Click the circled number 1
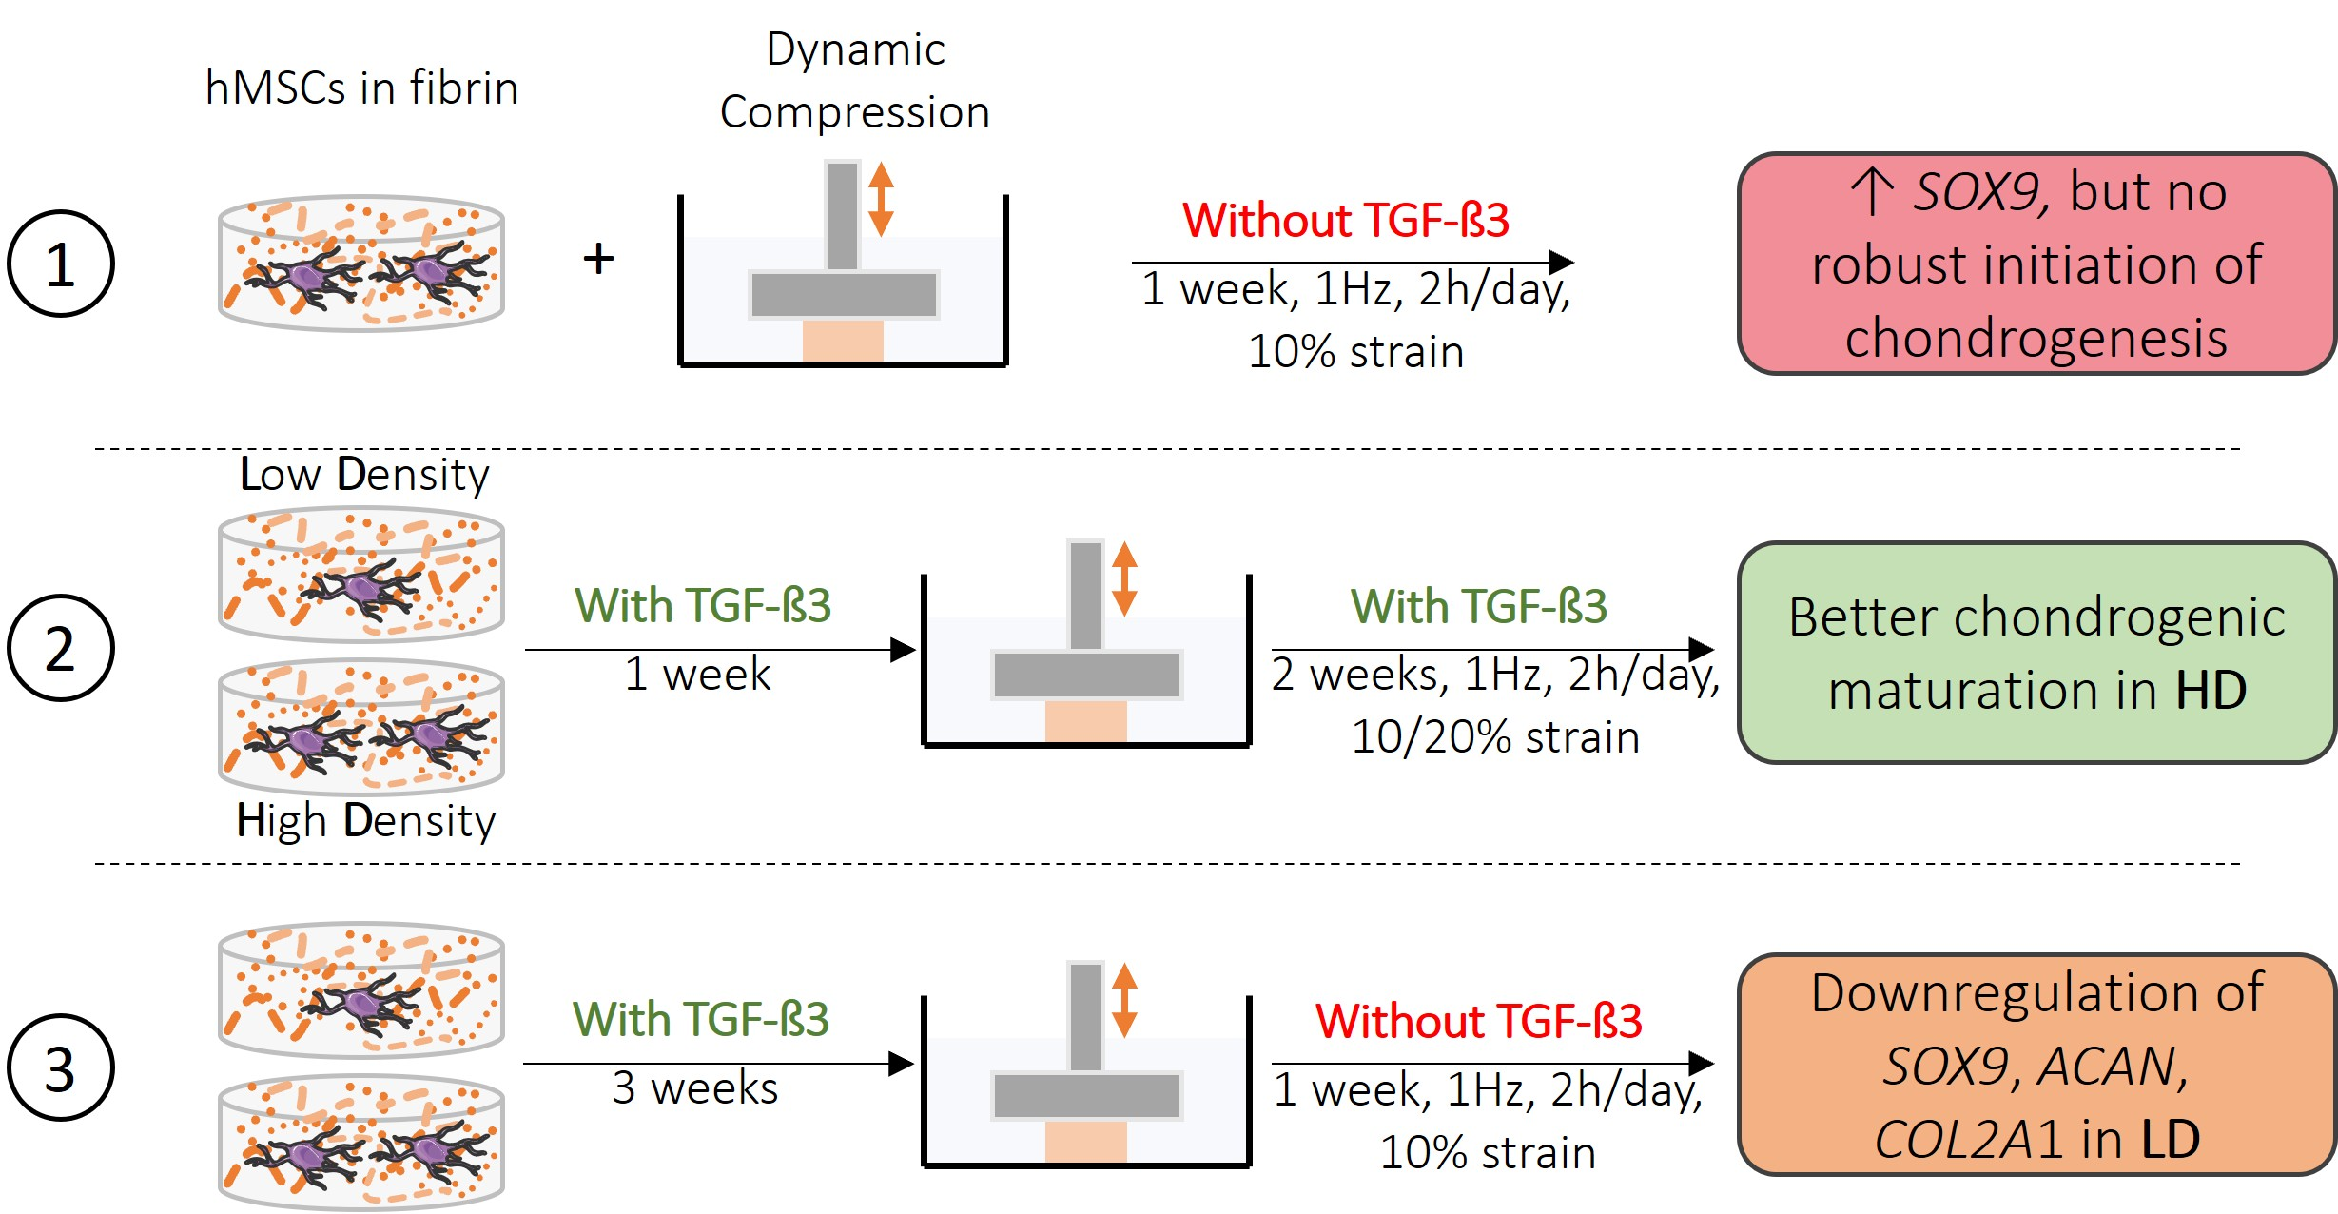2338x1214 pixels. tap(60, 264)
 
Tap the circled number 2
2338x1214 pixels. tap(60, 649)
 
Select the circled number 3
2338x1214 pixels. tap(60, 1067)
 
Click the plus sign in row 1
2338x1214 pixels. tap(598, 258)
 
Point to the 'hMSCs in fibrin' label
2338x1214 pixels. tap(361, 88)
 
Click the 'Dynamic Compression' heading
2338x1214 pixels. tap(855, 81)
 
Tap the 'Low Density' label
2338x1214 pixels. tap(364, 474)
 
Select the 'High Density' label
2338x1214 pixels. tap(366, 820)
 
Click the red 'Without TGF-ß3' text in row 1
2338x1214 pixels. tap(1345, 221)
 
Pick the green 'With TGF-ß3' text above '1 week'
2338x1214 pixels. tap(702, 605)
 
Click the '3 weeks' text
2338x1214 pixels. tap(695, 1087)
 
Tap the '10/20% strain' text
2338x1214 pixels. tap(1495, 736)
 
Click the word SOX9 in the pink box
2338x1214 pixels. tap(1976, 192)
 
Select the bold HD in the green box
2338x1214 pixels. tap(2211, 690)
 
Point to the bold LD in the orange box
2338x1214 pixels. tap(2171, 1139)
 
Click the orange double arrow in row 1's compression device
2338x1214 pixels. tap(881, 199)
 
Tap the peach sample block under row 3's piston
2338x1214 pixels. tap(1085, 1141)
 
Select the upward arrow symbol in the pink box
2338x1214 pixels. tap(1872, 191)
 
